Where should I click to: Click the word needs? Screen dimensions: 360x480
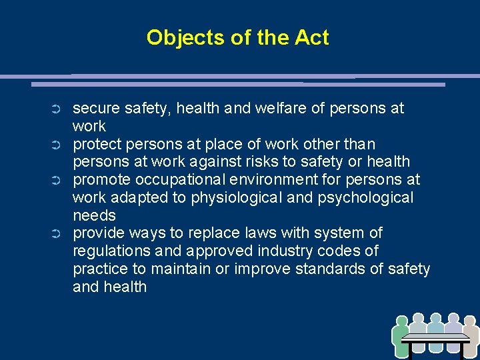coord(94,216)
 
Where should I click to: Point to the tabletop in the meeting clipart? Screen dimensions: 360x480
coord(436,337)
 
